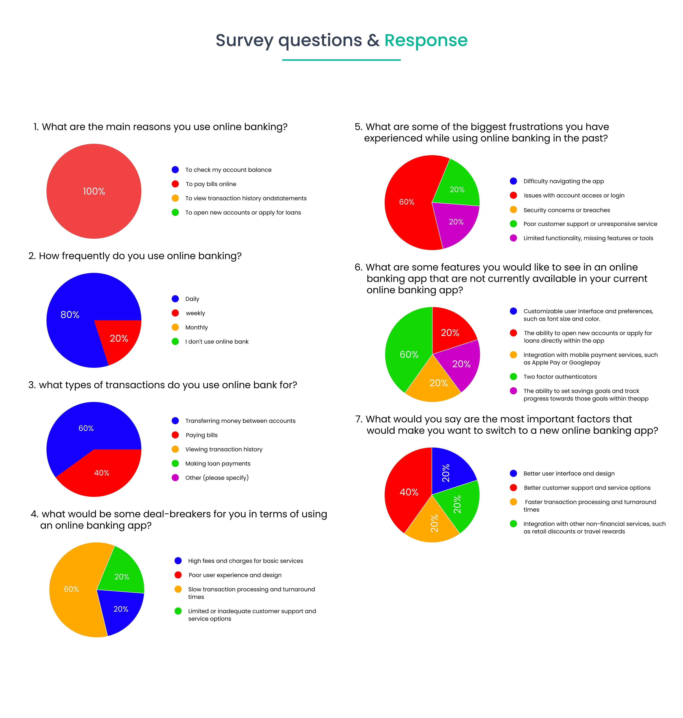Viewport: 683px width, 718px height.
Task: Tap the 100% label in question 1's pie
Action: pos(94,191)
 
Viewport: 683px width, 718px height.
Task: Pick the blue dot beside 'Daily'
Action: pos(175,299)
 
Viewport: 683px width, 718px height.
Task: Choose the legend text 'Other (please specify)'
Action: pos(217,478)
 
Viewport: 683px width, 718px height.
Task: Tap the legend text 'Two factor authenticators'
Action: pos(560,377)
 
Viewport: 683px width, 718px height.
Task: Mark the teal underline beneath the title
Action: pos(341,60)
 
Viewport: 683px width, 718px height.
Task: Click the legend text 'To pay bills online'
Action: pos(211,184)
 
